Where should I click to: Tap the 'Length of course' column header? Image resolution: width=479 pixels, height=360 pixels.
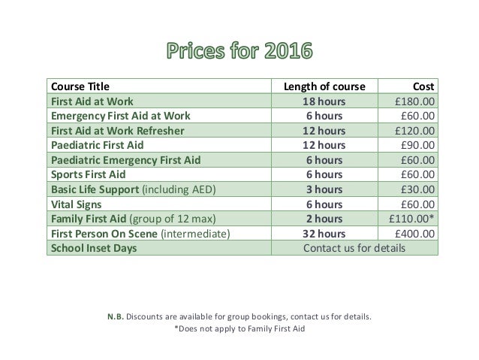point(324,86)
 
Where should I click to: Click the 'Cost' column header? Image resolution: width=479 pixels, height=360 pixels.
point(423,86)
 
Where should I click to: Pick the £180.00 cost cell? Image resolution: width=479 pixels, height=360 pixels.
point(414,101)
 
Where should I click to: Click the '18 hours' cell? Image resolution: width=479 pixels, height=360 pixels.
point(324,101)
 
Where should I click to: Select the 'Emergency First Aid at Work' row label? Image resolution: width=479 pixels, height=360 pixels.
point(120,116)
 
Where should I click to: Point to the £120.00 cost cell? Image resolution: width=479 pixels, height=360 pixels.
point(414,130)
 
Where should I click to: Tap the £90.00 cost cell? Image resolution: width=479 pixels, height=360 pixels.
point(417,145)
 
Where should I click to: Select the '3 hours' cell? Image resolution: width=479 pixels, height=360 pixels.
point(324,189)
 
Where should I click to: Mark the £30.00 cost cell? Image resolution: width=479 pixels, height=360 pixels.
point(417,189)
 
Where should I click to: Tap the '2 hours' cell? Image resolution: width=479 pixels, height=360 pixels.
point(324,218)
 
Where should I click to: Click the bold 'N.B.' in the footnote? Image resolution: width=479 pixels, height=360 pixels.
point(115,316)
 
